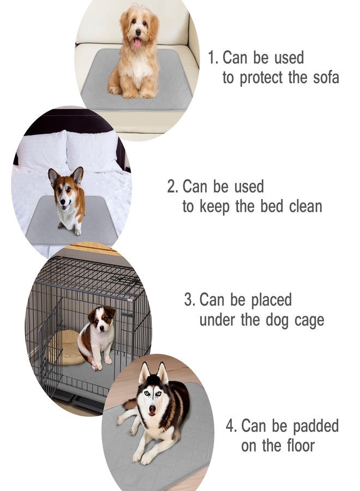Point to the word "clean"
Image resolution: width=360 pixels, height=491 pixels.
(305, 207)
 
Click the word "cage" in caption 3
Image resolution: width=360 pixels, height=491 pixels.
(308, 320)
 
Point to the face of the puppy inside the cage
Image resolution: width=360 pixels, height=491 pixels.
(100, 320)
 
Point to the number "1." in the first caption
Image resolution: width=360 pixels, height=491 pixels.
(213, 58)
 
